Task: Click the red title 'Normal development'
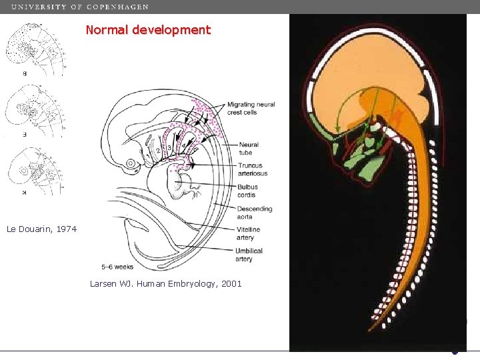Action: tap(148, 30)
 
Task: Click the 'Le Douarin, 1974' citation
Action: tap(41, 229)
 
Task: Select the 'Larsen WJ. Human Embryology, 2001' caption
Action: tap(165, 284)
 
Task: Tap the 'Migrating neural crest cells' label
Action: tap(251, 108)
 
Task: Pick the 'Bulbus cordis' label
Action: tap(247, 191)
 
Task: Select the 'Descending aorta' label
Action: tap(254, 212)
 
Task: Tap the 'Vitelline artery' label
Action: tap(248, 233)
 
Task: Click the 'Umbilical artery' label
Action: tap(249, 255)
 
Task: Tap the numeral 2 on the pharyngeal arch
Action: tap(159, 151)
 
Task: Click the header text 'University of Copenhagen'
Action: tap(80, 7)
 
